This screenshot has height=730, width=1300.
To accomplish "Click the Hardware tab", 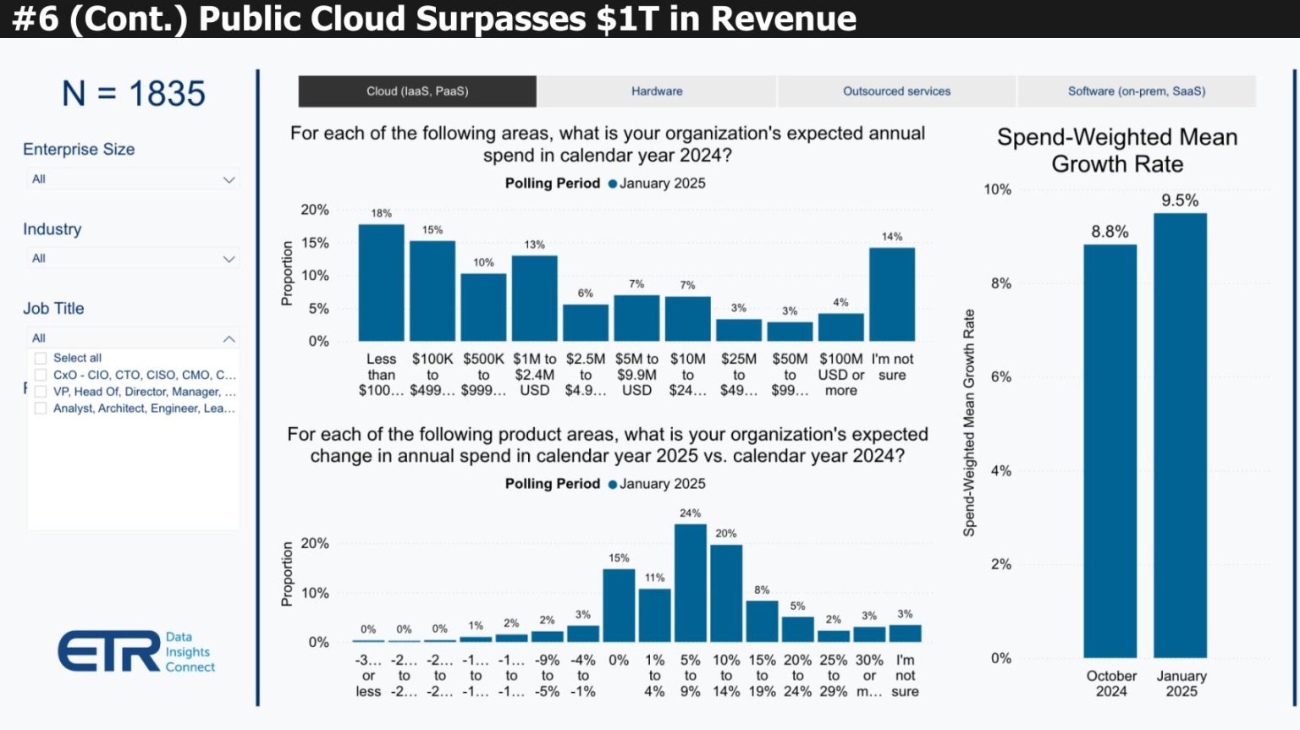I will pyautogui.click(x=657, y=91).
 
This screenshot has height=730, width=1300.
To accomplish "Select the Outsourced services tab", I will pyautogui.click(x=896, y=91).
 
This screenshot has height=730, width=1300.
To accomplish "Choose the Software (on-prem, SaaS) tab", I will pyautogui.click(x=1136, y=91).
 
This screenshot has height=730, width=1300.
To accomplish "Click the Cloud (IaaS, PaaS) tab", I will pyautogui.click(x=417, y=91).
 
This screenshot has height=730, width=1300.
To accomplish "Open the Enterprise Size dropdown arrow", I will pyautogui.click(x=229, y=179).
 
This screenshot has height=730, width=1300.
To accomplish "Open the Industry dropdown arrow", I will pyautogui.click(x=229, y=259).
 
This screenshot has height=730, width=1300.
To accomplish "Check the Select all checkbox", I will pyautogui.click(x=41, y=358).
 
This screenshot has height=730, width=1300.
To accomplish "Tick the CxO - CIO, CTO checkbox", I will pyautogui.click(x=41, y=375).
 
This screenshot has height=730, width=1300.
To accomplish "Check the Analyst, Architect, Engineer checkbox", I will pyautogui.click(x=41, y=408).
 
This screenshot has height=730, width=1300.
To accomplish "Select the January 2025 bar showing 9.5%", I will pyautogui.click(x=1180, y=436).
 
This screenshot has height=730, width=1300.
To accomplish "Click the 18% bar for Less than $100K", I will pyautogui.click(x=381, y=283).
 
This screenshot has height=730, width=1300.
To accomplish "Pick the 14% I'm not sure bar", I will pyautogui.click(x=891, y=294).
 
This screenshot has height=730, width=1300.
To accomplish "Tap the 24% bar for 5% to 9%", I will pyautogui.click(x=690, y=583).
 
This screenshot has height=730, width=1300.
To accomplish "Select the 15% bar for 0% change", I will pyautogui.click(x=619, y=606).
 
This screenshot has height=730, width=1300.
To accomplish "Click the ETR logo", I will pyautogui.click(x=110, y=651).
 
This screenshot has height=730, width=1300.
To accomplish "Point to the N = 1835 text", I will pyautogui.click(x=134, y=94).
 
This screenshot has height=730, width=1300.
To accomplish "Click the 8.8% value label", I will pyautogui.click(x=1110, y=232).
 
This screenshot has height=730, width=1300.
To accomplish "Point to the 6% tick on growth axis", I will pyautogui.click(x=1000, y=377).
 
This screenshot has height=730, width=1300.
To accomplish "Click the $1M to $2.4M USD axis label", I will pyautogui.click(x=534, y=375).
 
